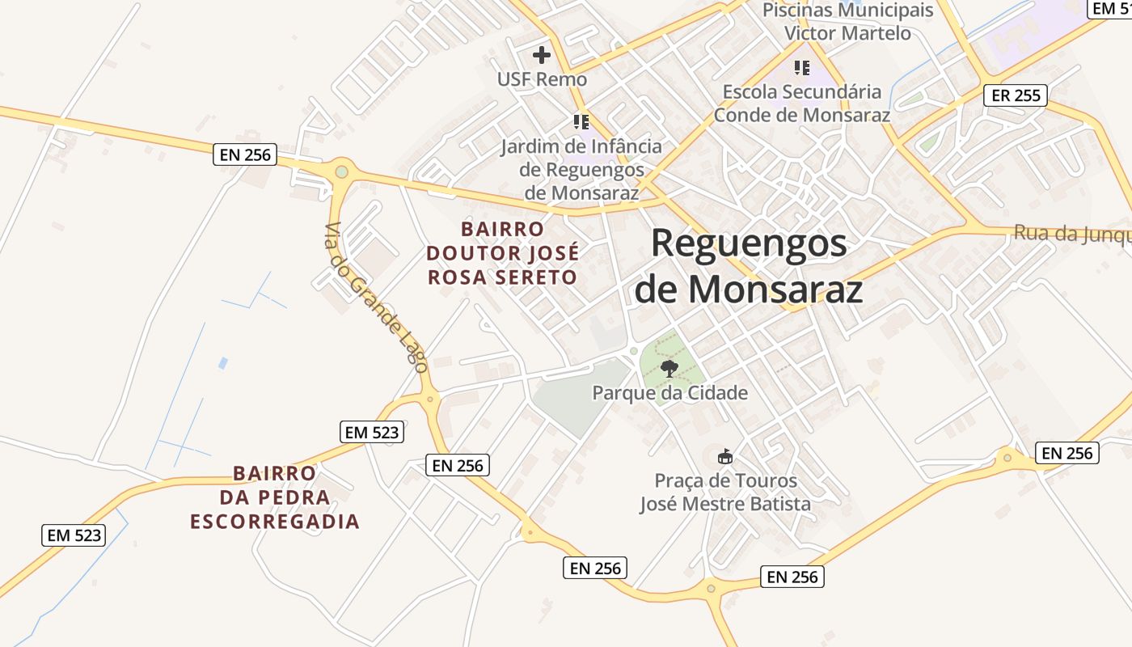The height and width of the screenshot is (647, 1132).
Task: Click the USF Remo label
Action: point(542,79)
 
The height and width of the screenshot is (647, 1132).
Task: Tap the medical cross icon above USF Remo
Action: point(542,55)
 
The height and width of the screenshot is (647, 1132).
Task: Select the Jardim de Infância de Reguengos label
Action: point(581,170)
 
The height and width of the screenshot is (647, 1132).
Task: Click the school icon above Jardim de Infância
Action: point(581,122)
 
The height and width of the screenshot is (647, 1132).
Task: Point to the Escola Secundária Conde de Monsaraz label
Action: point(801,104)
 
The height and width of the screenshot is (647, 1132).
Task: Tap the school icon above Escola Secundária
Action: point(801,67)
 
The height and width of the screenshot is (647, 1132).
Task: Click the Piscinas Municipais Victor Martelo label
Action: point(848,22)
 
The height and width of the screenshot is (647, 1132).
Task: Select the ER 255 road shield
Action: point(1016,95)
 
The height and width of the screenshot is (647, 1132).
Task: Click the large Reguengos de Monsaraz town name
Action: point(749,266)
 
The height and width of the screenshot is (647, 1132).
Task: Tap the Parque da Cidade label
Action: point(669,393)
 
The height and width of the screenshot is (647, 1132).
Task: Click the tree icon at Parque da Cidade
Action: point(669,370)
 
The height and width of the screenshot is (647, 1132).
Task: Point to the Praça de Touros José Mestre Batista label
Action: point(724,493)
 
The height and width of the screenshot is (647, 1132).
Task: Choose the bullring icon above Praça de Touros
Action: point(725,457)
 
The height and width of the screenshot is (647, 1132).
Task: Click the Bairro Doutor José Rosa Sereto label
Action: point(502,253)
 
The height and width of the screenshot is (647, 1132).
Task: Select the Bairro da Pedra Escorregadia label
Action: point(275,497)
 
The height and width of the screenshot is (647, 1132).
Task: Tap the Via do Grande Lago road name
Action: point(376,298)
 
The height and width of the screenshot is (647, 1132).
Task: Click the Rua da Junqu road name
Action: point(1072,234)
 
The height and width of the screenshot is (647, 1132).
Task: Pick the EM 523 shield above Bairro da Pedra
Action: point(371,432)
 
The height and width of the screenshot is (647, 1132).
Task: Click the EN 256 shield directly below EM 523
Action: point(457,465)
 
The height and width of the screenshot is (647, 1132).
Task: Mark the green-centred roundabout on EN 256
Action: point(342,171)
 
